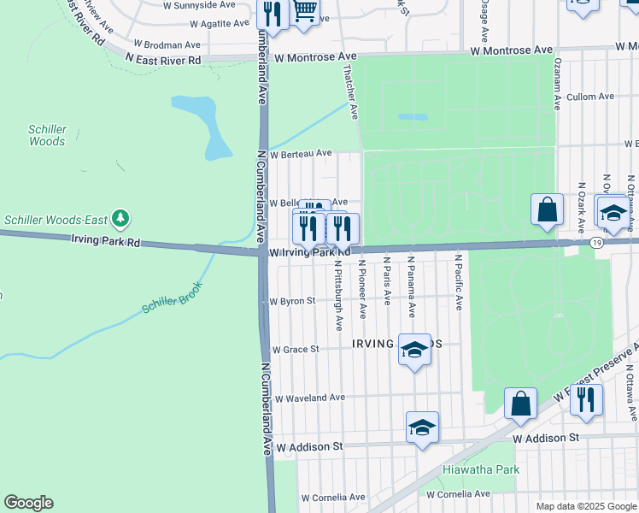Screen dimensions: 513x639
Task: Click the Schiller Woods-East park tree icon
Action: coord(120,219)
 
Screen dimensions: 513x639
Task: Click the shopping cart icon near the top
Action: coord(305,10)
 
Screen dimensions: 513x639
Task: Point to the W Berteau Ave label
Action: coord(301,154)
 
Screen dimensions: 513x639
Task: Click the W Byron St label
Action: coord(293,301)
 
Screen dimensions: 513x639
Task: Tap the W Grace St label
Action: coord(295,349)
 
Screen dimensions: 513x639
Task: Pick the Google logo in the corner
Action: coord(28,503)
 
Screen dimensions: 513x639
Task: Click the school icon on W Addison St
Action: coord(422,427)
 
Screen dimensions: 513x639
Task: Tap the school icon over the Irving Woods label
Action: coord(414,349)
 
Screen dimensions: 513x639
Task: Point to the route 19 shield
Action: coord(597,244)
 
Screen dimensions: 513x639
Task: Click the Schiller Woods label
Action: coord(48,135)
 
